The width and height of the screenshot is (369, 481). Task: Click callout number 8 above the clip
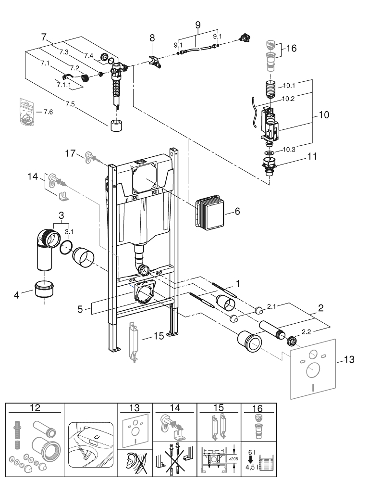pos(152,38)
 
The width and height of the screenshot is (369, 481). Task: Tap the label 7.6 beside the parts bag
pos(48,112)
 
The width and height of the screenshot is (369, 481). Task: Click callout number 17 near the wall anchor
pos(71,153)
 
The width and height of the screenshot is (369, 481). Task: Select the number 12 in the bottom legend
pos(35,408)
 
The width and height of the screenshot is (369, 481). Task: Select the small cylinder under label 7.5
pos(115,127)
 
